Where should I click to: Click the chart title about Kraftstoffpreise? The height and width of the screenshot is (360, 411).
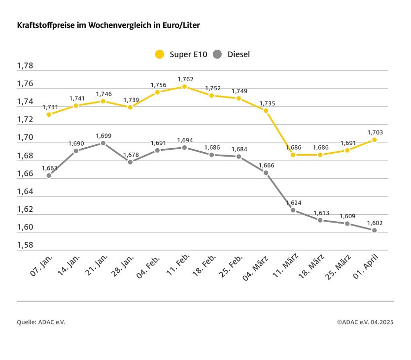click(108, 25)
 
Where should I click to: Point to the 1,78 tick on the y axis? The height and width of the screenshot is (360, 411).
click(25, 66)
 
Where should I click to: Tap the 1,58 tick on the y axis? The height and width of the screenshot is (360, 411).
click(25, 245)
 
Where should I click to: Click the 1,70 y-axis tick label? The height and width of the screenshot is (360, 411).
click(25, 138)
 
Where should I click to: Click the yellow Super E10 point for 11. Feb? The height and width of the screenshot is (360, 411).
click(184, 87)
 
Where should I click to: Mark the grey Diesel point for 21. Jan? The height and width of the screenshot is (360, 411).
click(103, 143)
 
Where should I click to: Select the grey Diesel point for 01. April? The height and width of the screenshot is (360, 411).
click(375, 230)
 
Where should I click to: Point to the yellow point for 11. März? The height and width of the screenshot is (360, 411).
click(293, 155)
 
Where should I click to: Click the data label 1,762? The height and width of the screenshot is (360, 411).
click(185, 79)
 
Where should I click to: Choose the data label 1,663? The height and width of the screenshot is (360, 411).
click(50, 167)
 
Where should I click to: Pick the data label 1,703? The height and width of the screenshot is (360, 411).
click(375, 132)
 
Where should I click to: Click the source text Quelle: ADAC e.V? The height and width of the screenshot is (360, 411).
click(41, 322)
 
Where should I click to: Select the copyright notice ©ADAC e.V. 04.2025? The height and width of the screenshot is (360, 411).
click(365, 322)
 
